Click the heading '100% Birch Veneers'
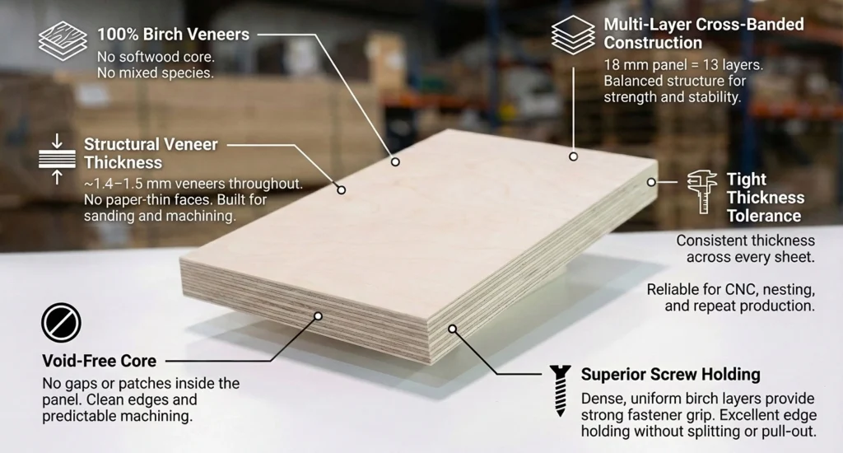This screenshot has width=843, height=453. [173, 35]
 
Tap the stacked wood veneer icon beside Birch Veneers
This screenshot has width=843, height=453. [63, 41]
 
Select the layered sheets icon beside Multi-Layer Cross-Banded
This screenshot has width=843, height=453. [573, 35]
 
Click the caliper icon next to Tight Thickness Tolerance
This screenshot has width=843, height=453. [702, 192]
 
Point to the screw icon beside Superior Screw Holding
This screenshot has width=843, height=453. [560, 391]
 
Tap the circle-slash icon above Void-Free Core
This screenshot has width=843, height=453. [61, 323]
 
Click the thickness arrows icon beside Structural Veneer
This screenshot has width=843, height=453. [57, 160]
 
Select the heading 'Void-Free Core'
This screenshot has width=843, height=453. [100, 361]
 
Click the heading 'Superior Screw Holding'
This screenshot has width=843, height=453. [670, 375]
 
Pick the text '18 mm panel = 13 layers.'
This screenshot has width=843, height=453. [683, 65]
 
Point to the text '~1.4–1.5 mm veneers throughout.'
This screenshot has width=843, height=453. [193, 184]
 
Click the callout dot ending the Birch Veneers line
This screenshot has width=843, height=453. [395, 162]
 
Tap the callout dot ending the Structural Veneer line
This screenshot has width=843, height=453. [342, 190]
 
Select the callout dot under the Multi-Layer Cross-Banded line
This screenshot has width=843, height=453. [573, 156]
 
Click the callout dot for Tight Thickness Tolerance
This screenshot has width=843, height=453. [651, 182]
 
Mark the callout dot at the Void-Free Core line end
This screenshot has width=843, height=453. [319, 316]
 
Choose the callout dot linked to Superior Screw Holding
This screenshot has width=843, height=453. [453, 329]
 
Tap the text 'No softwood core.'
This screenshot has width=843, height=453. [156, 57]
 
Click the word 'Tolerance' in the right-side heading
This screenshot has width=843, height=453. [764, 216]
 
